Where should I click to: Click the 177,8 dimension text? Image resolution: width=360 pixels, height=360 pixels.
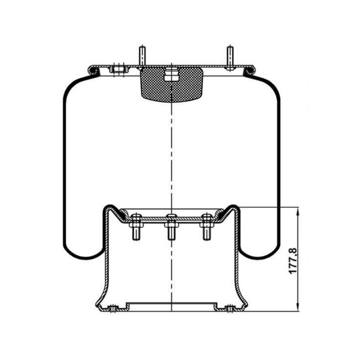293,261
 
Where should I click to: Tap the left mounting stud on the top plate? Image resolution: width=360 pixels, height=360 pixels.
142,57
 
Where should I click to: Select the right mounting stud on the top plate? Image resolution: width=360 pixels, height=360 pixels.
230,57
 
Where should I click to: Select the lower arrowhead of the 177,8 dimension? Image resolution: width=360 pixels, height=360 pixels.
298,307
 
